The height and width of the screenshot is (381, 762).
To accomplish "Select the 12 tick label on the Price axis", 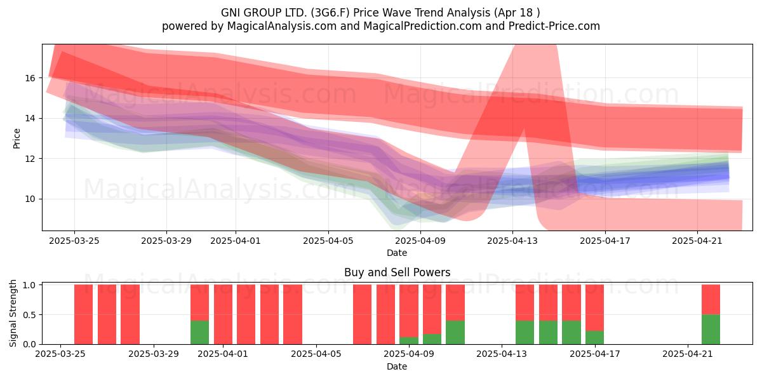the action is point(30,159).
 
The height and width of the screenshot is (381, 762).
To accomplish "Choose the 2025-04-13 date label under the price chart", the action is point(512,241).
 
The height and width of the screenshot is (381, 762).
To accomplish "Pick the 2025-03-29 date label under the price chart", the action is point(166,241).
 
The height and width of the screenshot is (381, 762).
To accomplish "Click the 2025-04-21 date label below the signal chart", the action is point(688,354).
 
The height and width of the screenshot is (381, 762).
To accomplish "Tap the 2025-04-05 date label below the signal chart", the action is point(316,354).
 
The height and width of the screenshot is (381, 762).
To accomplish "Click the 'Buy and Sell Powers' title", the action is point(397,272).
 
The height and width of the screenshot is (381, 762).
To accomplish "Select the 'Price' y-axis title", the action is point(17,139).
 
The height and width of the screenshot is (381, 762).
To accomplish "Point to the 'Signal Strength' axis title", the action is point(13,314).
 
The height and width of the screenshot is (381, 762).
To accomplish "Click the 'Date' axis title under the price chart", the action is point(397,253).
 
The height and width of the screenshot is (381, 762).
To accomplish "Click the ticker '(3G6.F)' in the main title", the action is point(330,13).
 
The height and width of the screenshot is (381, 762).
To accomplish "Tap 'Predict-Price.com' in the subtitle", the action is point(554,26).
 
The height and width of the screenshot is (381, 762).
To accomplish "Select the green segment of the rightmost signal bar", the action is point(711,330).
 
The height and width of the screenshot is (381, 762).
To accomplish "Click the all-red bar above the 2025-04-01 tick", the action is point(223,314).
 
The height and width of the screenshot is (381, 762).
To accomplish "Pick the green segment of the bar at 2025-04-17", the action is point(594,337).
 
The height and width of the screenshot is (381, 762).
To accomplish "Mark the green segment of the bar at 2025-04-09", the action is point(409,340).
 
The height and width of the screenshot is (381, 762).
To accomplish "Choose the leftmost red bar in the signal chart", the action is point(83,314).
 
